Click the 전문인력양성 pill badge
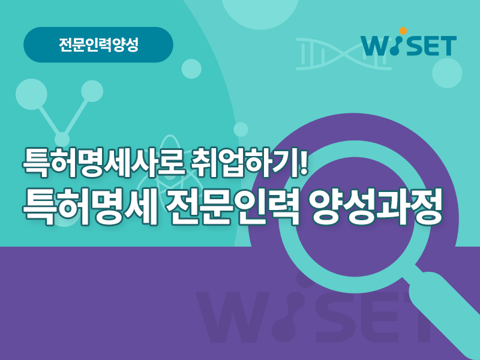pos(98,44)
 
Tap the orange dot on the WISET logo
pos(403,31)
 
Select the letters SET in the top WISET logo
pos(432,46)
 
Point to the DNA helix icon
pos(343,54)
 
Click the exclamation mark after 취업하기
pos(304,161)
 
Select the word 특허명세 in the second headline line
pos(91,207)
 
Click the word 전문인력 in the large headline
pos(233,207)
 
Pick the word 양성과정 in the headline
pos(376,207)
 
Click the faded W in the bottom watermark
pos(233,317)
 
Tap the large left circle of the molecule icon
pos(32,94)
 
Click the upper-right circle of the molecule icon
pos(92,91)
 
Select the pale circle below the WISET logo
pos(447,73)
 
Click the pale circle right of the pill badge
pos(191,69)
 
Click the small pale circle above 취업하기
pos(241,130)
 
